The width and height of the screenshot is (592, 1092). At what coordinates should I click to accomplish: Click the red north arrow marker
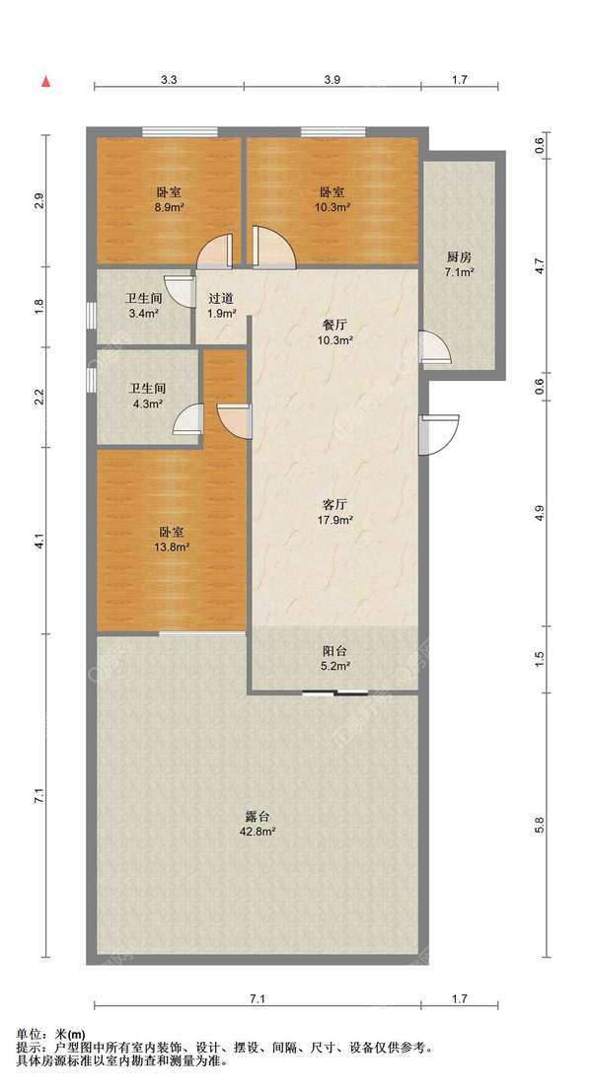[x=46, y=82]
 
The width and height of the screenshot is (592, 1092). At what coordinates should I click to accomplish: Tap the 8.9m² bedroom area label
[x=169, y=199]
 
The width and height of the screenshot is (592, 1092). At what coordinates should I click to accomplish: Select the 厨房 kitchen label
[x=460, y=256]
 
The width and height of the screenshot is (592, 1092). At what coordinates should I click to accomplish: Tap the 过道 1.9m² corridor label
[x=221, y=306]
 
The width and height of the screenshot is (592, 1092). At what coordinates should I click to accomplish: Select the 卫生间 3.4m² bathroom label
[x=144, y=306]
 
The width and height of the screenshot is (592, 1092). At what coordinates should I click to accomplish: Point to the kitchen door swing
[x=435, y=347]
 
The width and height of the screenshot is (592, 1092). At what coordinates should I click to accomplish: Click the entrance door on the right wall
[x=439, y=435]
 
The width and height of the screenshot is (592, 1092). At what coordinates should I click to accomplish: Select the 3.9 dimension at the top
[x=333, y=79]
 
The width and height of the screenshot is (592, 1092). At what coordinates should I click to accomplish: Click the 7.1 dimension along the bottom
[x=258, y=999]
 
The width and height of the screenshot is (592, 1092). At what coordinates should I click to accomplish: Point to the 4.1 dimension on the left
[x=39, y=541]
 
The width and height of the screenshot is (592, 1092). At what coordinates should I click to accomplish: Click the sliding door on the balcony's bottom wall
[x=335, y=692]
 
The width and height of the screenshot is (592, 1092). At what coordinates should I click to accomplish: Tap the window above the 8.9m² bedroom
[x=180, y=131]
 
